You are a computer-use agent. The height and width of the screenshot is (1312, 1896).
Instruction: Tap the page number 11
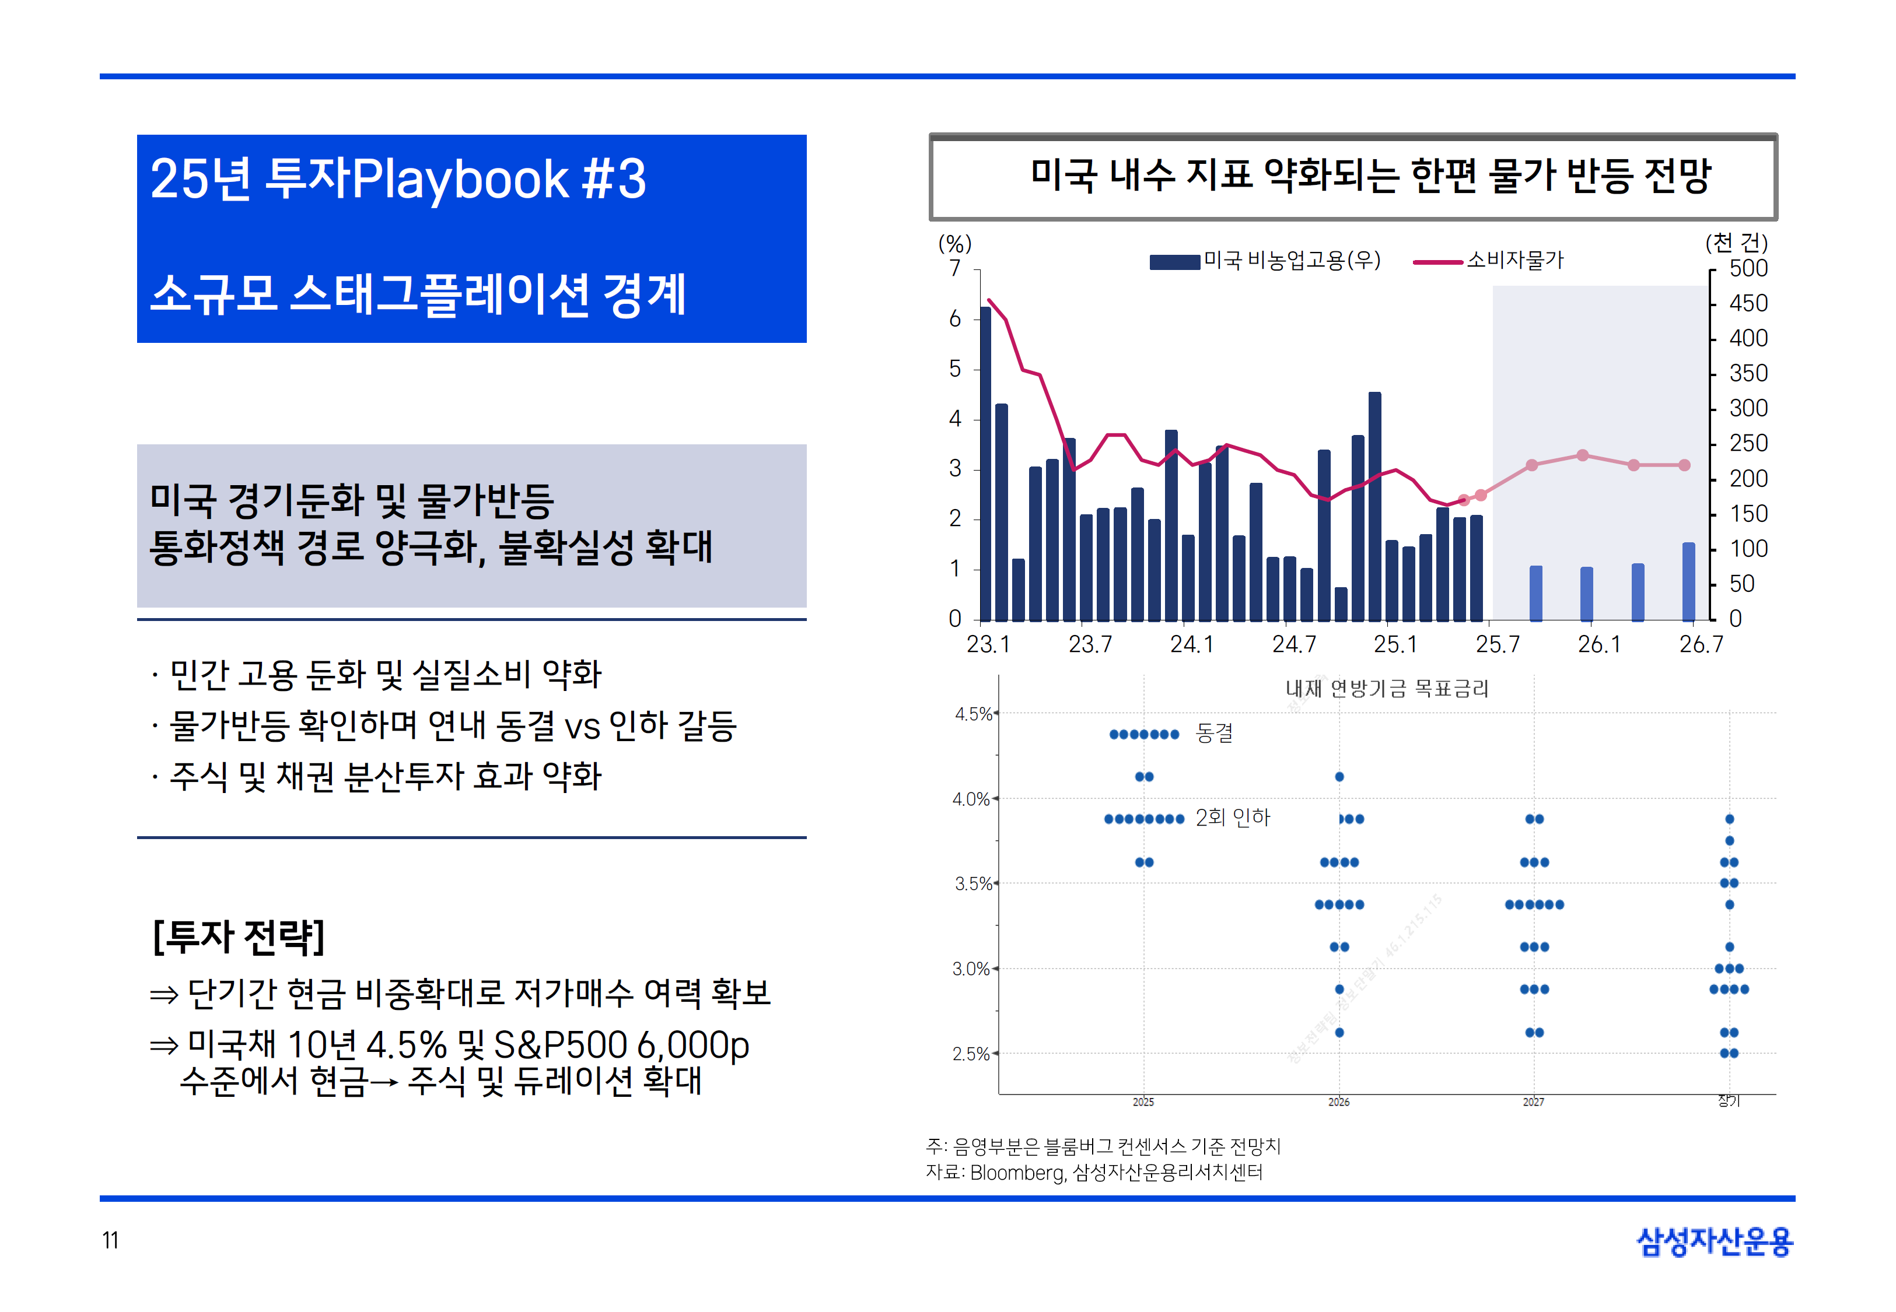click(110, 1240)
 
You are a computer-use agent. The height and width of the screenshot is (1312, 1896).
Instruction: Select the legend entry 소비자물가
click(1514, 261)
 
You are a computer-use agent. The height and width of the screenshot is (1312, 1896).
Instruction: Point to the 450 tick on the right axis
click(1748, 303)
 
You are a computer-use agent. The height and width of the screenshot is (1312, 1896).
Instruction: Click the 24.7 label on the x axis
click(1293, 644)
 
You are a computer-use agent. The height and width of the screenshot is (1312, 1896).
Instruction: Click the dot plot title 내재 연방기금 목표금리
click(1387, 689)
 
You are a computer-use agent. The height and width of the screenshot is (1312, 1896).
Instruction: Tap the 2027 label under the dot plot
click(1533, 1101)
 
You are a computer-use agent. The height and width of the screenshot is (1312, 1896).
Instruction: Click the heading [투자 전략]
click(239, 936)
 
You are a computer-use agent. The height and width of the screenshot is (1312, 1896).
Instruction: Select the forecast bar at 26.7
click(1688, 582)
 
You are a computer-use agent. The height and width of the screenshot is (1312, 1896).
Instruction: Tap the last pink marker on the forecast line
click(1684, 465)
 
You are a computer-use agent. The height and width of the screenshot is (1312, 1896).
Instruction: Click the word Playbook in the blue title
click(460, 179)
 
